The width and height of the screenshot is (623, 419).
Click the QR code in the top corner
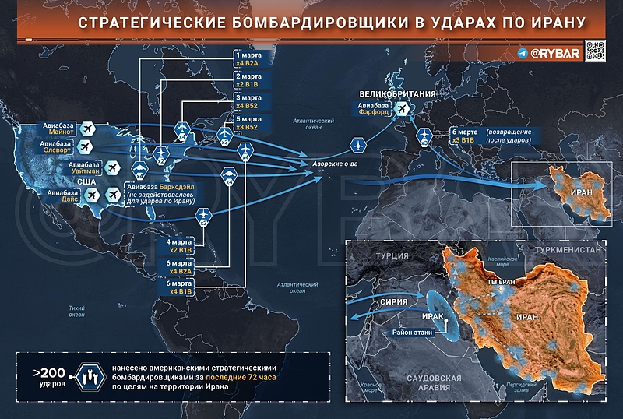(x=595, y=51)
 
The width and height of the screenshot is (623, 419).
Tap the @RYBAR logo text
(x=556, y=54)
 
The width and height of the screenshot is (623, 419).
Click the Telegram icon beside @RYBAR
(x=523, y=54)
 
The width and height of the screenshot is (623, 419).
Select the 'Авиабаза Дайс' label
(x=64, y=197)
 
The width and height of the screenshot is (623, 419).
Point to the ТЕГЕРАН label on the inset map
(x=499, y=278)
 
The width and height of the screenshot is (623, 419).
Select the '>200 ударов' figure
(x=48, y=376)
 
